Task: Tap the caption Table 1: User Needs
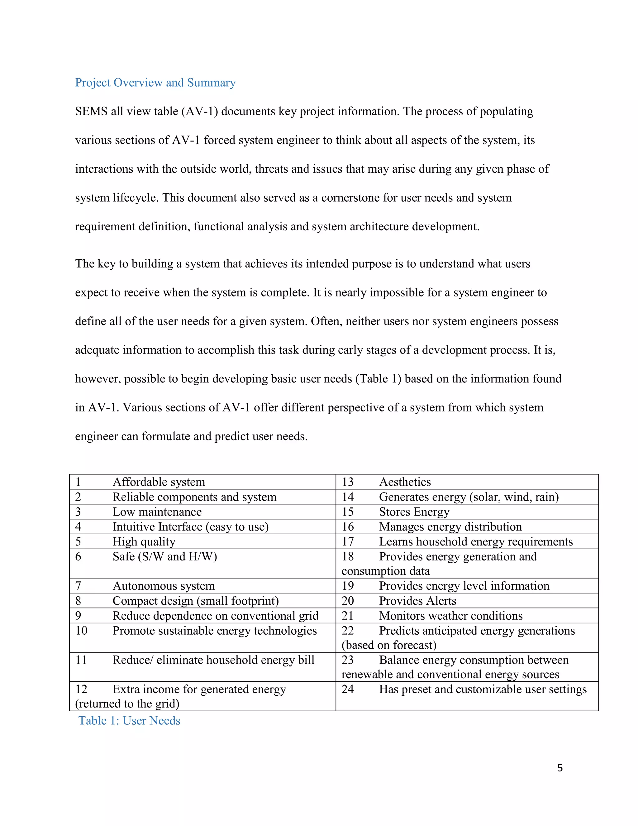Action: pyautogui.click(x=129, y=720)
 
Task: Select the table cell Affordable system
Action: pyautogui.click(x=159, y=482)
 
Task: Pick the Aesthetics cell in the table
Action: pyautogui.click(x=405, y=482)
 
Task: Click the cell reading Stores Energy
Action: pyautogui.click(x=414, y=512)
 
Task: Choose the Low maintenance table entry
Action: pyautogui.click(x=157, y=512)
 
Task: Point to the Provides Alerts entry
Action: pyautogui.click(x=418, y=601)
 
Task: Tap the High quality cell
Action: pyautogui.click(x=144, y=542)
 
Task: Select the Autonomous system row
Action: pyautogui.click(x=164, y=586)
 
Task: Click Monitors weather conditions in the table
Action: pyautogui.click(x=450, y=616)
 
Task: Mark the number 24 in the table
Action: pyautogui.click(x=348, y=689)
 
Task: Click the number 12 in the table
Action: pyautogui.click(x=81, y=689)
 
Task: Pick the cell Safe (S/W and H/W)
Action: pyautogui.click(x=165, y=556)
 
